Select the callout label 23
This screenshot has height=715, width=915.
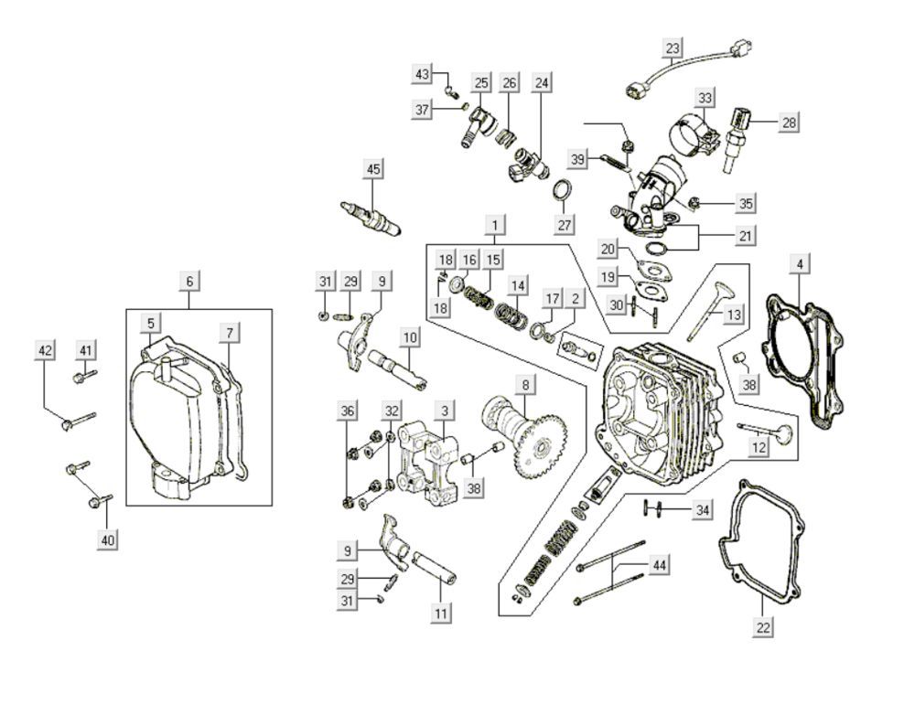673,48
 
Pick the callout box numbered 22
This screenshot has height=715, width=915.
763,627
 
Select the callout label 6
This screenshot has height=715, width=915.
189,282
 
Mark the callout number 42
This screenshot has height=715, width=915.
46,350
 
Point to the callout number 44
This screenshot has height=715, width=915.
659,565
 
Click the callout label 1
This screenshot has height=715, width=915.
494,224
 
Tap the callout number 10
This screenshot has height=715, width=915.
410,338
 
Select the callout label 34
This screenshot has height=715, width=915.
702,509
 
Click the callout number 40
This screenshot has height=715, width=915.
108,540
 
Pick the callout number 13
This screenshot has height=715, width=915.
734,315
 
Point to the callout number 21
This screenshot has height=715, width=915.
746,236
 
